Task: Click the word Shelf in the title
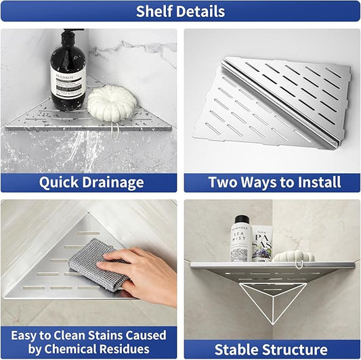(153, 12)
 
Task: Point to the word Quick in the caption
(59, 182)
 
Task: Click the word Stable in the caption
(237, 349)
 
